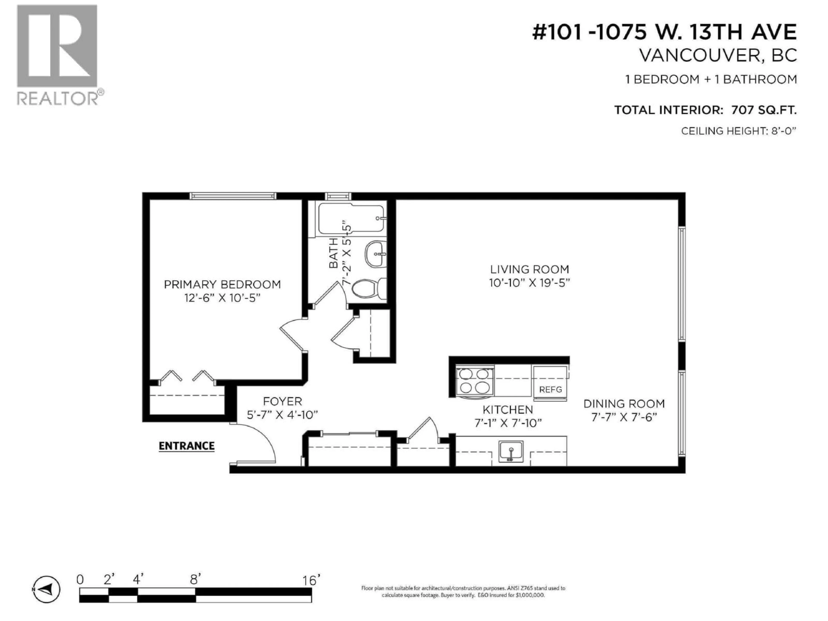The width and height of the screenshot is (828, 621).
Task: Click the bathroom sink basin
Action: [x=375, y=254]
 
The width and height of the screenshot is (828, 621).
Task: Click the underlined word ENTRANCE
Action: [x=187, y=446]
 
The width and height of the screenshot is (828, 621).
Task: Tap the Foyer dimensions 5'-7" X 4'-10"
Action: [x=282, y=415]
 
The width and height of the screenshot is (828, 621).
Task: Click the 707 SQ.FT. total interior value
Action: [x=764, y=110]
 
